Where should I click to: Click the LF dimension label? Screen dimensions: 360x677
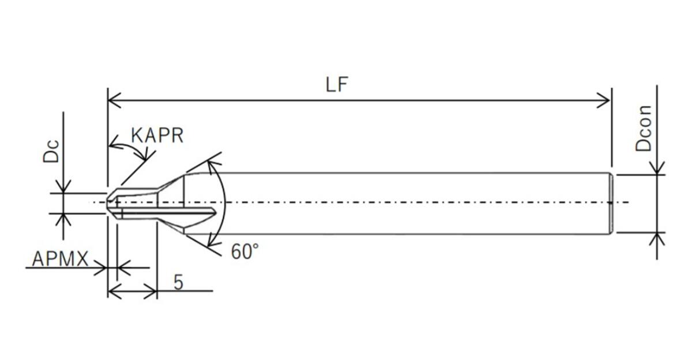[337, 85]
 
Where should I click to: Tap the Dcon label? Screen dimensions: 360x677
[644, 128]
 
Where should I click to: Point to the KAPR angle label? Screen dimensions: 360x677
[157, 136]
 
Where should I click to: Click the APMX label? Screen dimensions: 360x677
[60, 260]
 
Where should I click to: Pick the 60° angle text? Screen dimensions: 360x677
[245, 252]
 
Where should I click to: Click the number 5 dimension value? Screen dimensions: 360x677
[178, 282]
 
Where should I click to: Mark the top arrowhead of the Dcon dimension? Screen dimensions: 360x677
[657, 168]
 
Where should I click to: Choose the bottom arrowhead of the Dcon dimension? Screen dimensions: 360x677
[657, 238]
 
